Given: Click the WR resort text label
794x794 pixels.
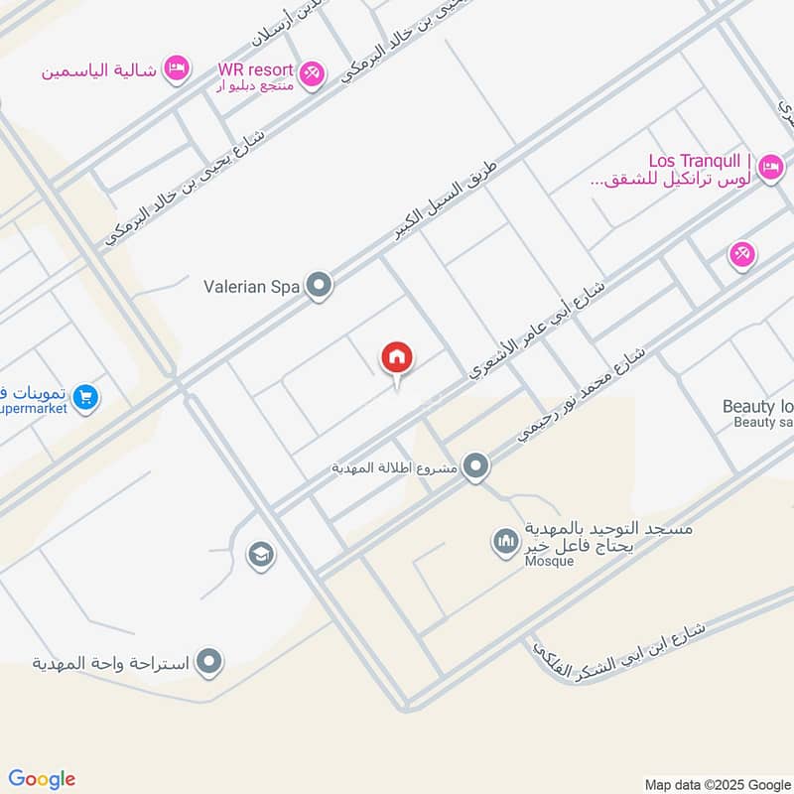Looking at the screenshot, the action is point(256,69).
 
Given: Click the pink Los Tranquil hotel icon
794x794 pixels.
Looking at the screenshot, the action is point(769,169).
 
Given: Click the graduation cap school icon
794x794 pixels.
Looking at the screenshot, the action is point(261,555).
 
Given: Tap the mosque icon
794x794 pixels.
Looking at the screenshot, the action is point(506,542).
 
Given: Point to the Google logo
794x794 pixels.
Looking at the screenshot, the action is point(42,779).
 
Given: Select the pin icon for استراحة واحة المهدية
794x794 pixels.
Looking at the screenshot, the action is point(208,661).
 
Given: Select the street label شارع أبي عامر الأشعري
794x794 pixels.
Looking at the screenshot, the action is point(536,331).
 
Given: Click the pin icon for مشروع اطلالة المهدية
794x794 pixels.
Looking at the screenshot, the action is point(476,465).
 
